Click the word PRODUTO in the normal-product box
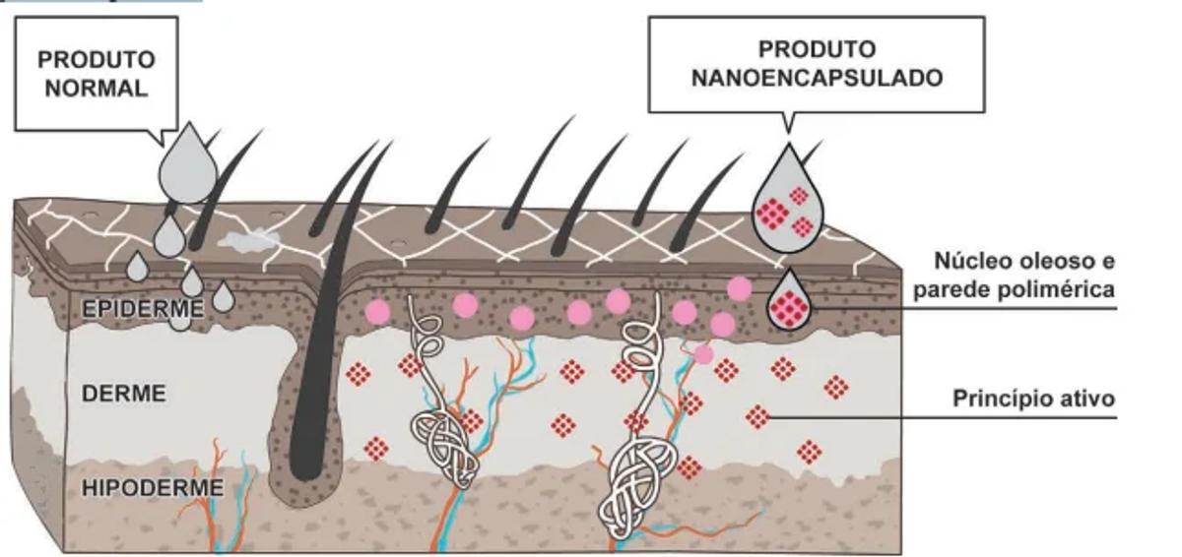[x=97, y=60]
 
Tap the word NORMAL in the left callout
[x=97, y=89]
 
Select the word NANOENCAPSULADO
[x=817, y=77]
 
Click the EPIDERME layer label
[x=143, y=309]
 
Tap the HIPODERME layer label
[x=153, y=486]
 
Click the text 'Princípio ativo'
[x=1033, y=400]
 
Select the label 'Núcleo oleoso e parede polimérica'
[x=1024, y=276]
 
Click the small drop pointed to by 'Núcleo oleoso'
[x=790, y=303]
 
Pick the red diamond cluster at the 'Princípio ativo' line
[x=757, y=417]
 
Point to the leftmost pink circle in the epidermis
[x=377, y=312]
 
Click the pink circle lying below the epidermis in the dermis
[x=703, y=353]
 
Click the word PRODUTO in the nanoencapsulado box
[x=817, y=48]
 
